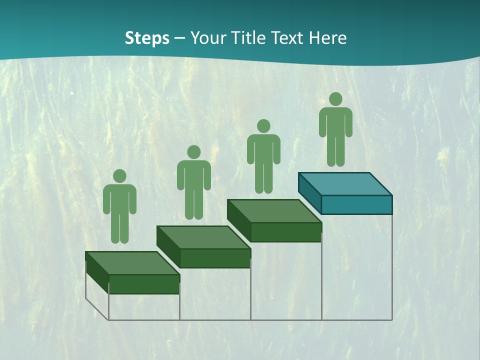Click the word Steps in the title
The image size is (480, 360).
point(147,38)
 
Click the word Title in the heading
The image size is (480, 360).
point(248,38)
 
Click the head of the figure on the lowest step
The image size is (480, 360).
point(119,176)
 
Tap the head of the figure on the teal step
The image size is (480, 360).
point(335,99)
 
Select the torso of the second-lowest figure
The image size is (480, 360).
point(194,175)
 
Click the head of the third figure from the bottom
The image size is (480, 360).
point(263,126)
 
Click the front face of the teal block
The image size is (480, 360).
point(356,204)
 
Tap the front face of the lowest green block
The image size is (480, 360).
point(144,284)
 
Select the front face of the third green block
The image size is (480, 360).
point(285,232)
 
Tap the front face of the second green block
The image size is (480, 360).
point(215,258)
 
